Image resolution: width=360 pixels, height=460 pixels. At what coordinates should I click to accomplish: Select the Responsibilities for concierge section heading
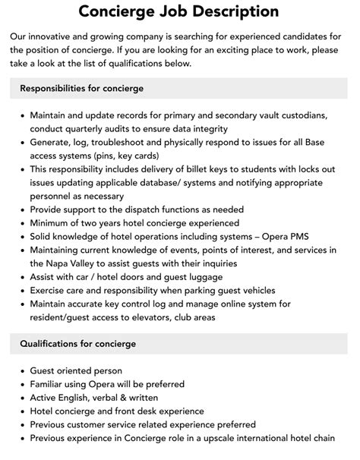81,89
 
